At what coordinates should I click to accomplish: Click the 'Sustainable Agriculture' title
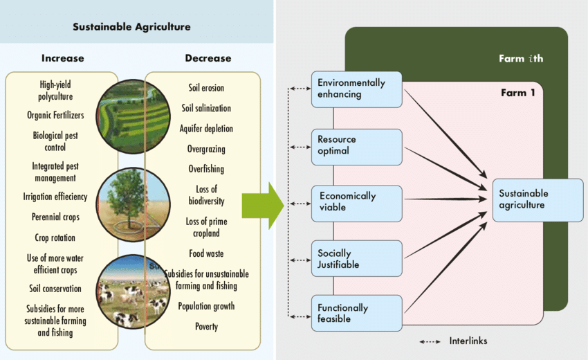[x=131, y=27]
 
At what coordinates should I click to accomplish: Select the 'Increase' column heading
[x=63, y=58]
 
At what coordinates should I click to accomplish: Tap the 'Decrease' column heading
[x=208, y=58]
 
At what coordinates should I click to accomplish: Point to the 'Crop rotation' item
[x=56, y=237]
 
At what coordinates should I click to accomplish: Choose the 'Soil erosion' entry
[x=206, y=88]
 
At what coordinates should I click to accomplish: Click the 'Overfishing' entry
[x=206, y=169]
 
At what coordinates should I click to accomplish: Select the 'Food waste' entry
[x=206, y=254]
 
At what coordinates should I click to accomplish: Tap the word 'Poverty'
[x=206, y=327]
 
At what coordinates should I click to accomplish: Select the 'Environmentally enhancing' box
[x=357, y=89]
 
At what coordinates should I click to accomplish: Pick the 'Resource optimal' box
[x=357, y=145]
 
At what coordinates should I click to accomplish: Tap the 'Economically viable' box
[x=357, y=201]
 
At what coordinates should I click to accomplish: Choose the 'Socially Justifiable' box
[x=357, y=259]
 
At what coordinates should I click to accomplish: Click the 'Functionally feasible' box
[x=357, y=314]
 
